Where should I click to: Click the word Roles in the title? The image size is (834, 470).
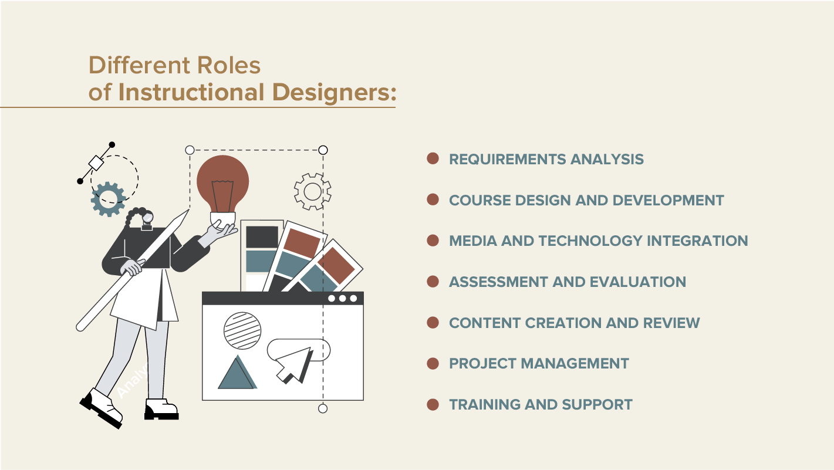click(x=229, y=66)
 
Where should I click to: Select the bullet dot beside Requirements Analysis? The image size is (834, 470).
click(x=433, y=158)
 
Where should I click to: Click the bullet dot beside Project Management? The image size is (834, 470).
click(x=433, y=363)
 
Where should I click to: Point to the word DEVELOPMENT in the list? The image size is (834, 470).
click(x=668, y=200)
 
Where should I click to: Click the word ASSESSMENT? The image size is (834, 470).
click(x=498, y=282)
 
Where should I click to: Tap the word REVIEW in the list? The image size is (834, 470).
click(x=671, y=323)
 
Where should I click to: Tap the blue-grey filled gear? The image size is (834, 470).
click(x=109, y=199)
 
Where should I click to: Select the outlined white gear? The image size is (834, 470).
click(x=313, y=192)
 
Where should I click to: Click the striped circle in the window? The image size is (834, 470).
click(x=242, y=330)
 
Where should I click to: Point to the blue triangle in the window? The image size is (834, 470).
click(x=237, y=373)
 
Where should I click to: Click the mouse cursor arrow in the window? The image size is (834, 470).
click(x=294, y=365)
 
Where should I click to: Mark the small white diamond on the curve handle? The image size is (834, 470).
click(x=96, y=163)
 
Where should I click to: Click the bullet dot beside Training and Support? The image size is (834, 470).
click(x=433, y=404)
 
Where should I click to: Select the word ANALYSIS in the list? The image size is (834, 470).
click(x=607, y=159)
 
